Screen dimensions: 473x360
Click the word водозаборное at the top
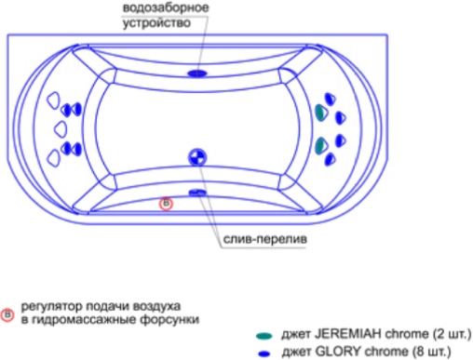tap(166, 7)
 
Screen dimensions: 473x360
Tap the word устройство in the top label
tap(156, 22)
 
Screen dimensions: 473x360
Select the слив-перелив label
tap(265, 239)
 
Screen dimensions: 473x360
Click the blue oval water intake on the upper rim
tap(197, 73)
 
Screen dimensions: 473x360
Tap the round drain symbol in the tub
tap(197, 157)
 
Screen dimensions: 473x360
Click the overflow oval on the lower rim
tap(197, 193)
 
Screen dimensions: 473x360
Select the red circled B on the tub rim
tap(166, 204)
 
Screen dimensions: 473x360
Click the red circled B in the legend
tap(7, 314)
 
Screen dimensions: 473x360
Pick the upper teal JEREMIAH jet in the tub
tap(320, 113)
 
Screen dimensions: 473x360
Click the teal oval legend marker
tap(264, 335)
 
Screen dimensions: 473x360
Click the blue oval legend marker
tap(264, 353)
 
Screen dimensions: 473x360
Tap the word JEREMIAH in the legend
tap(348, 334)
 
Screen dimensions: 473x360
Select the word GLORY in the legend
tap(338, 352)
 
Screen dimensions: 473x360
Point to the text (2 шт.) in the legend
tap(452, 334)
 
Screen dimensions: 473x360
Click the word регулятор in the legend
tap(51, 306)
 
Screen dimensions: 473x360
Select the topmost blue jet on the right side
tap(330, 99)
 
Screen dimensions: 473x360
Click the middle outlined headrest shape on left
tap(61, 129)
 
